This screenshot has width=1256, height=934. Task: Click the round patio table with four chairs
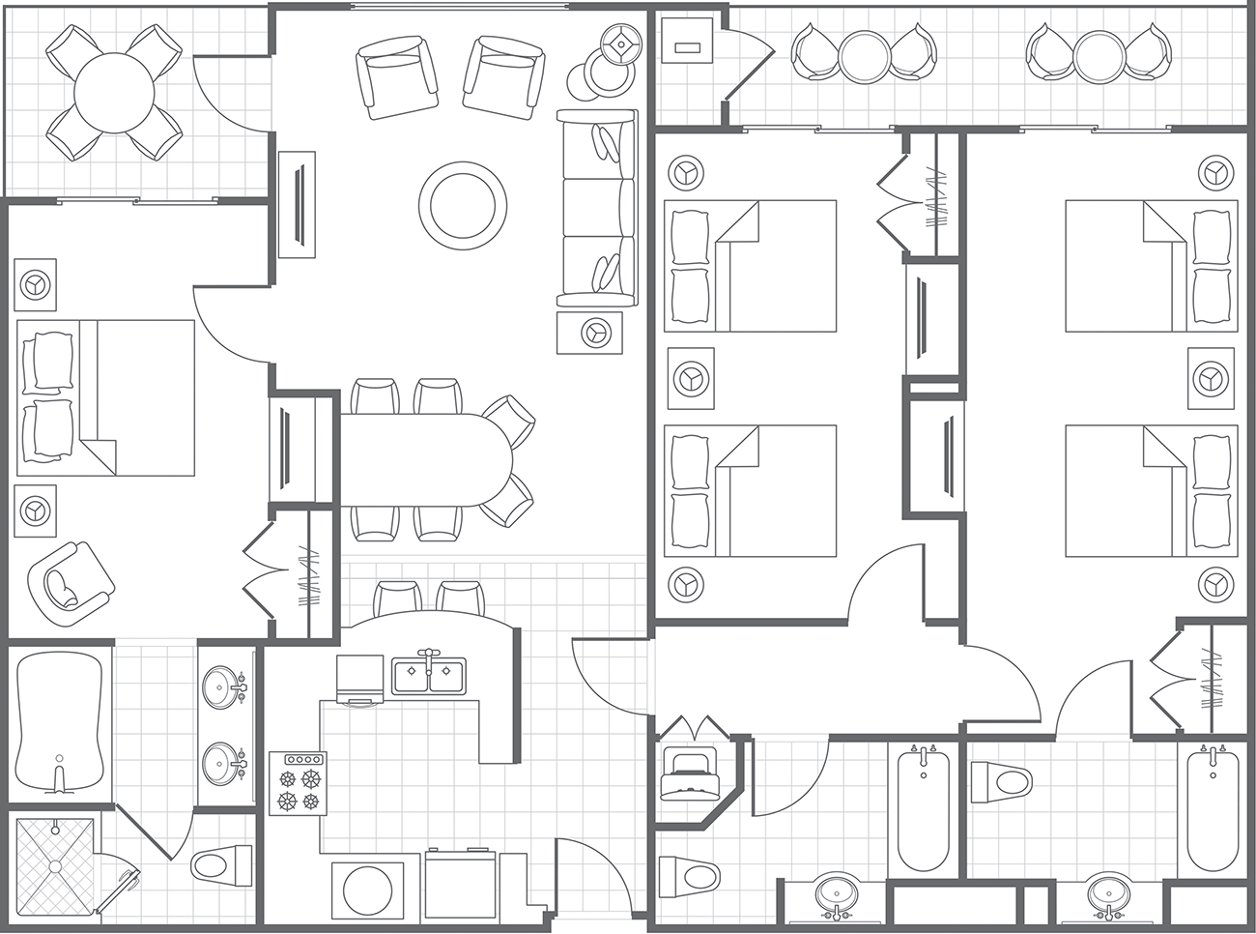click(x=115, y=93)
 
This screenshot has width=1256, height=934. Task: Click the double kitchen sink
click(x=428, y=675)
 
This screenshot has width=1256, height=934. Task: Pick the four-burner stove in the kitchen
click(x=298, y=783)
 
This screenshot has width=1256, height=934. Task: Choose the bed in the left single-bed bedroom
click(x=106, y=397)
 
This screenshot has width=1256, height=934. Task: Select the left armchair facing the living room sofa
click(x=398, y=77)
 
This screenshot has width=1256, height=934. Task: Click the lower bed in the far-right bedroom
click(x=1151, y=491)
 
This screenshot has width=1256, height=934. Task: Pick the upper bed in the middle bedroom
click(x=751, y=266)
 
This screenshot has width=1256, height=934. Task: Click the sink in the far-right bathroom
click(x=1105, y=894)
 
